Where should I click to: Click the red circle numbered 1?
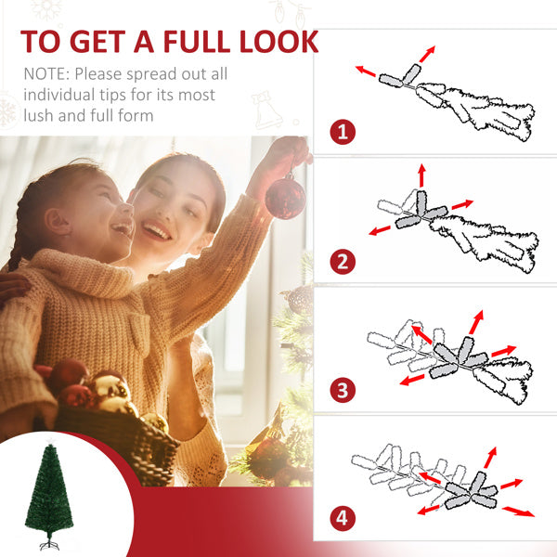343,131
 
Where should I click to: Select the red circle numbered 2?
343,260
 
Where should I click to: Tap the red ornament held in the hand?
285,197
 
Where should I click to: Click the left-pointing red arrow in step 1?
366,70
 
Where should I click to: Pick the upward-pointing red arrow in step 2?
421,174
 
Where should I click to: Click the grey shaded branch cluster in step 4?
469,488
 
